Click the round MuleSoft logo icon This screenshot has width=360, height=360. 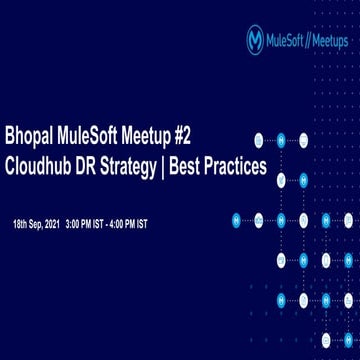coord(255,39)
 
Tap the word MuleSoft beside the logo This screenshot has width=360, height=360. coord(287,39)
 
